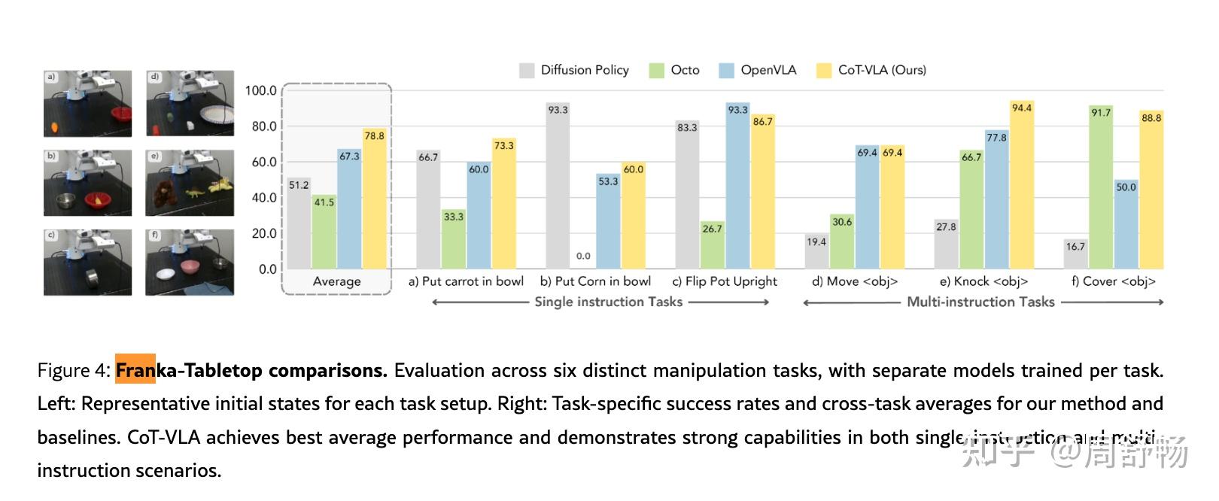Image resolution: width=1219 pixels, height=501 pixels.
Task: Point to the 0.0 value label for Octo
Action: (583, 256)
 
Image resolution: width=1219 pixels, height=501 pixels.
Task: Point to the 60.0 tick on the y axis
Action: (264, 162)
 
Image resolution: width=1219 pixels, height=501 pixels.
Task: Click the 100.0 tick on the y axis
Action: (261, 91)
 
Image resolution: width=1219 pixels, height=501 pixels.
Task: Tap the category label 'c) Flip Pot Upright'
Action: (725, 281)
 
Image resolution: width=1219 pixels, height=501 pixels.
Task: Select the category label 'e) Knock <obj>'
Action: (983, 281)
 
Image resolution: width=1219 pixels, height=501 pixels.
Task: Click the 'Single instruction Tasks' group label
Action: (608, 302)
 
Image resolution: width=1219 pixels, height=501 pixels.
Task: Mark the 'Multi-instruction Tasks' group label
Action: (980, 302)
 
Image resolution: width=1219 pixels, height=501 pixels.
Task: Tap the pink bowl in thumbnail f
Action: (187, 268)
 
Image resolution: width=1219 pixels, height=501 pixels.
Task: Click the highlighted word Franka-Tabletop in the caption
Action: (189, 371)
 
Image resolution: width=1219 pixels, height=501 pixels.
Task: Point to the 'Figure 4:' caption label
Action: (74, 371)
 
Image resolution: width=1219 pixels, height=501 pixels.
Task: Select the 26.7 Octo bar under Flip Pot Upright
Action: (712, 245)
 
